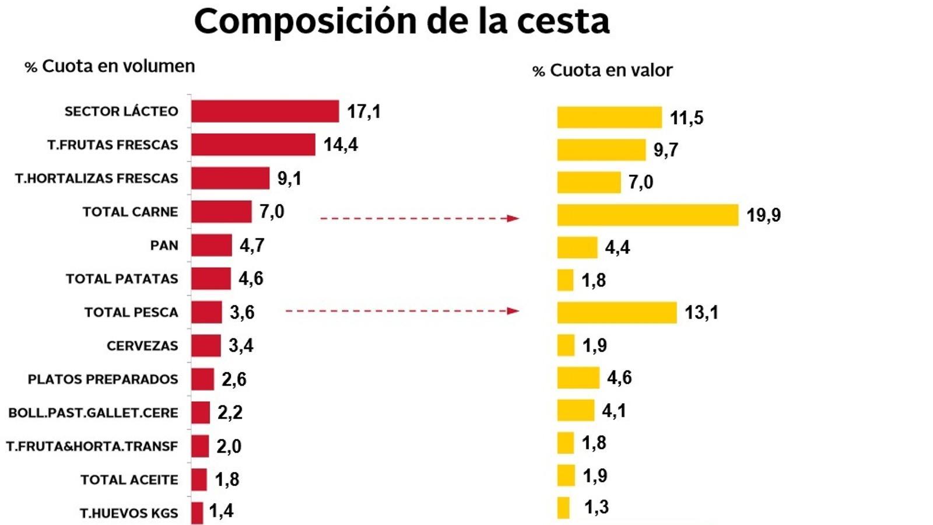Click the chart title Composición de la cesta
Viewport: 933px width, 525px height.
pyautogui.click(x=401, y=22)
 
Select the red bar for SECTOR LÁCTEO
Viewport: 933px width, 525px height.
pyautogui.click(x=265, y=111)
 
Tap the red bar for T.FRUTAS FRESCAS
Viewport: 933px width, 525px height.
pyautogui.click(x=253, y=145)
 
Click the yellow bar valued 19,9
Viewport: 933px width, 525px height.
pyautogui.click(x=647, y=215)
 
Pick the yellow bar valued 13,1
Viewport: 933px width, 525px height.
pyautogui.click(x=616, y=313)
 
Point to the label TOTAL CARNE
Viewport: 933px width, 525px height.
pyautogui.click(x=130, y=212)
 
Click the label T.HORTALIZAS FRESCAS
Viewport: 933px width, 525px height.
pyautogui.click(x=96, y=178)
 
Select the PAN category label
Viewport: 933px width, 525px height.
pyautogui.click(x=164, y=246)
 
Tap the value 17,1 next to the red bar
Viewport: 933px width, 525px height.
pyautogui.click(x=364, y=111)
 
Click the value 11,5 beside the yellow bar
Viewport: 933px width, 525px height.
pyautogui.click(x=686, y=118)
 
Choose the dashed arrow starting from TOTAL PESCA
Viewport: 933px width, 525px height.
pyautogui.click(x=402, y=311)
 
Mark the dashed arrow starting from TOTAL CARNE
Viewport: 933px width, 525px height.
pyautogui.click(x=419, y=218)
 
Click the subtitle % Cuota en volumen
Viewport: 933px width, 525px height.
pyautogui.click(x=110, y=66)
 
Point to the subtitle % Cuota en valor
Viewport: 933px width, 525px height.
pyautogui.click(x=602, y=71)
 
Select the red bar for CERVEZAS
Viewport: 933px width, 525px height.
pyautogui.click(x=206, y=346)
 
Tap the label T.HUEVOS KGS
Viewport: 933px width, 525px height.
pyautogui.click(x=129, y=513)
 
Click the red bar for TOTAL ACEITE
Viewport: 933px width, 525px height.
pyautogui.click(x=199, y=480)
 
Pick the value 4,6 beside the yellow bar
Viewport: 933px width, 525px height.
pyautogui.click(x=619, y=377)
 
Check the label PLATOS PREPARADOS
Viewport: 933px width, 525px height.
pyautogui.click(x=103, y=379)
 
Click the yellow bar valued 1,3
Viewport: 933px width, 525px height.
pyautogui.click(x=563, y=508)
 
